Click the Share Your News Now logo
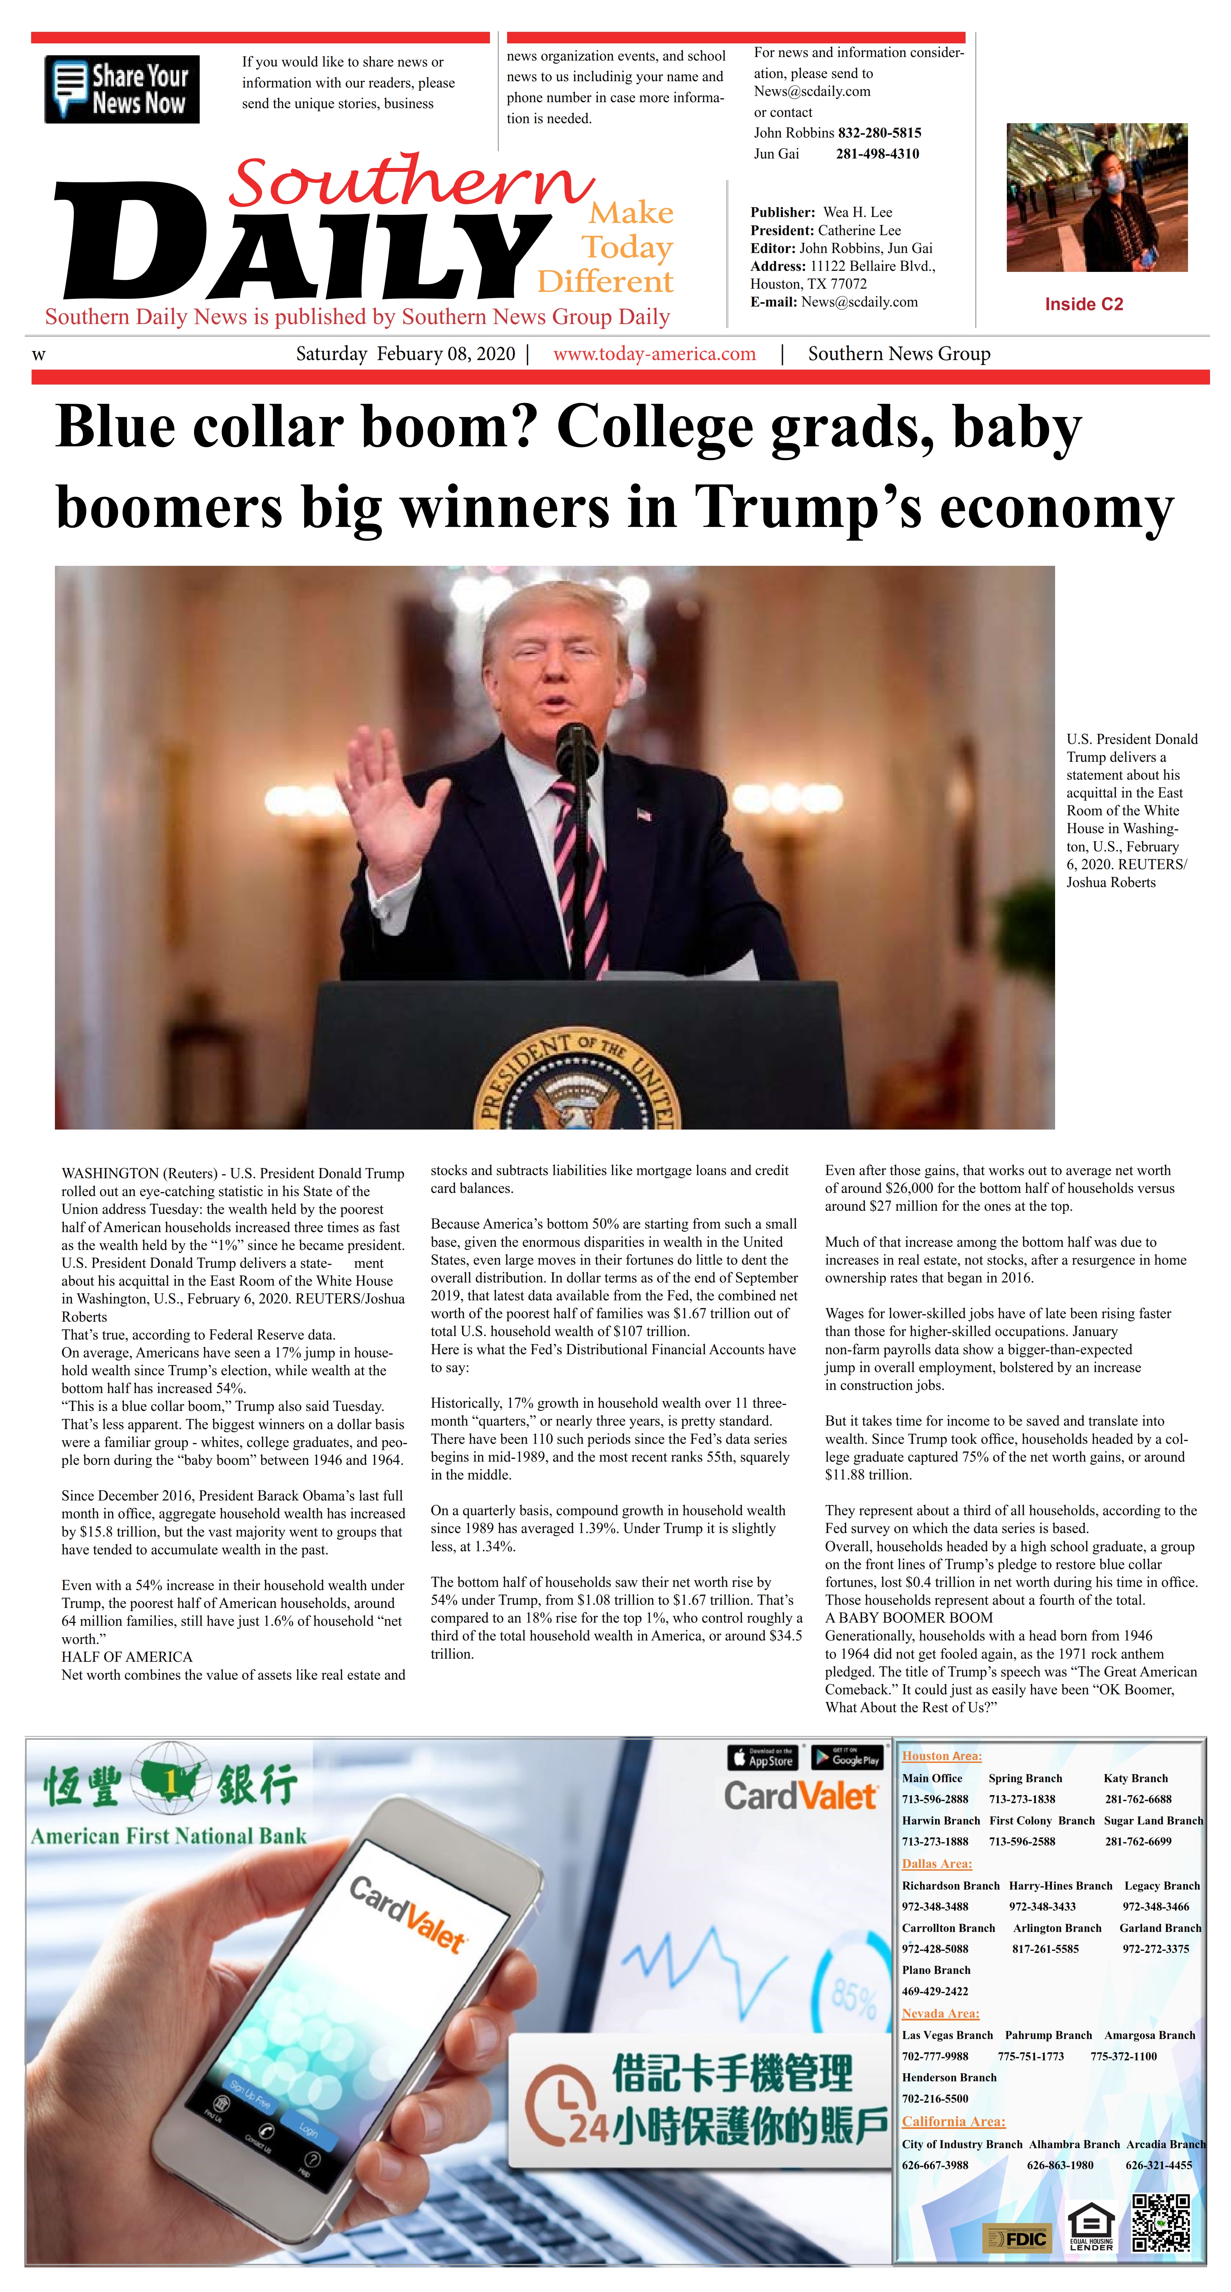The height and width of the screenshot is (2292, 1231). point(122,89)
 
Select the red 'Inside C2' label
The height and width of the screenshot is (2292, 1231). point(1083,304)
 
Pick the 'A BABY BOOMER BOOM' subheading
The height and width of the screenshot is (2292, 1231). point(909,1618)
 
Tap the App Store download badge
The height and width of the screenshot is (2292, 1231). point(762,1757)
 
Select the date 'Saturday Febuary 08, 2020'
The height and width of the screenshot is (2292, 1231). point(406,354)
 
